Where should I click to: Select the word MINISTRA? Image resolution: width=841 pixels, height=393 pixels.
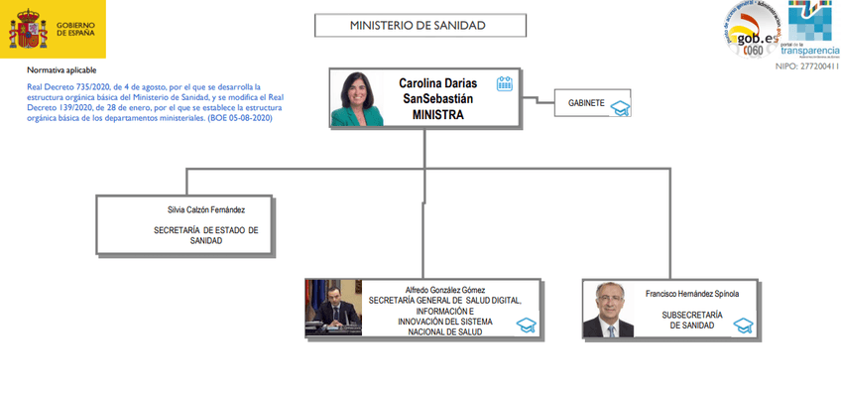point(437,114)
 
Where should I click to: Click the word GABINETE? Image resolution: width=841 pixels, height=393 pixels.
point(586,102)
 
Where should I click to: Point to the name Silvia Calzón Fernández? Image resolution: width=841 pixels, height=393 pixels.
point(206,209)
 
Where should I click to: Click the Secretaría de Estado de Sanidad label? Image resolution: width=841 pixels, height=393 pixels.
point(206,235)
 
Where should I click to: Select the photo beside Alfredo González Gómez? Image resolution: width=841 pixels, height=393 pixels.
point(335,309)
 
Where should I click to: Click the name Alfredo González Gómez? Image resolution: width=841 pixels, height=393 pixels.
point(432,290)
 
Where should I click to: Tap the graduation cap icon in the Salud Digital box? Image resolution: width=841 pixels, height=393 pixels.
point(527,326)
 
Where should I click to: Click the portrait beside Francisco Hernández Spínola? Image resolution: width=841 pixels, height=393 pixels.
point(608,310)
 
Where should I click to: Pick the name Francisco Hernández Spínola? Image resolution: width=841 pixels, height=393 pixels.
point(691,294)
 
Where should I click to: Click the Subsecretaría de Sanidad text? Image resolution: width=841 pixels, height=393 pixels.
point(691,320)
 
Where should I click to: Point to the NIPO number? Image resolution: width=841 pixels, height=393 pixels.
point(805,65)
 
